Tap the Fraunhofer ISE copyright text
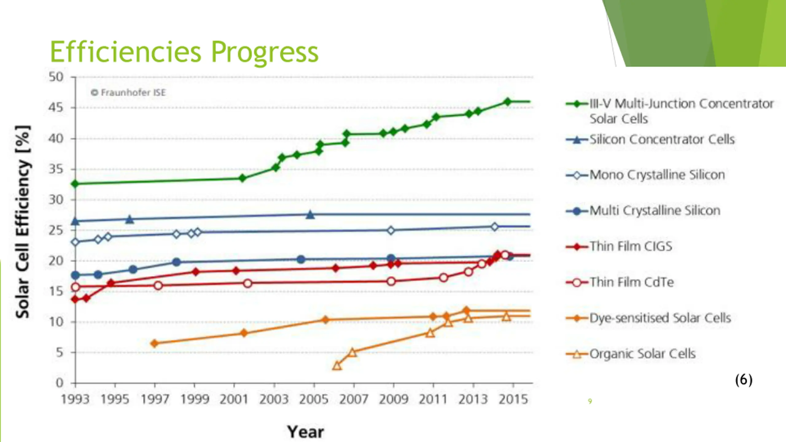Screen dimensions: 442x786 coord(128,92)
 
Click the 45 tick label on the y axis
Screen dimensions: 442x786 coord(56,108)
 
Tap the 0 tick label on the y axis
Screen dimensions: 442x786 coord(60,383)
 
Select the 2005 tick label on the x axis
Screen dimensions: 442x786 coord(313,399)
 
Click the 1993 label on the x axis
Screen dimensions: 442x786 coord(75,399)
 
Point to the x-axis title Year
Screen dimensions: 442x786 coord(305,432)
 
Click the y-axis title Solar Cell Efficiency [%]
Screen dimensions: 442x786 coord(23,222)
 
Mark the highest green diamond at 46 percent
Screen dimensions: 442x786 coord(508,102)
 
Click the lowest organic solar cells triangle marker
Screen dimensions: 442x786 coord(337,366)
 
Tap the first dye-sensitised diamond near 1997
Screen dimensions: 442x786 coord(155,343)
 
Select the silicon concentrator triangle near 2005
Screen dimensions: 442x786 coord(310,215)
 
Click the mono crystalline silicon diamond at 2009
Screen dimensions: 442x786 coord(391,230)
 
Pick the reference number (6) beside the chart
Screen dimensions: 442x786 coord(743,380)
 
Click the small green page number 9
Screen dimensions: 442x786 coord(589,401)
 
